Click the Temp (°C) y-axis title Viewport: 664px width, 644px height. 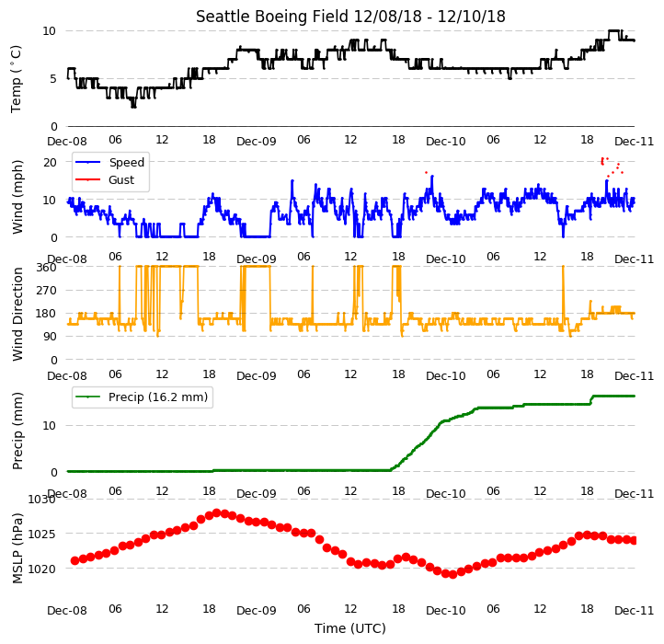coord(16,79)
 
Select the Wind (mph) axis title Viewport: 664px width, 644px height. coord(17,197)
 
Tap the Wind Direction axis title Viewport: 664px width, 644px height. coord(17,314)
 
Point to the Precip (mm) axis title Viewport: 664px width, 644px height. coord(17,431)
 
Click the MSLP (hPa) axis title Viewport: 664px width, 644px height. coord(17,548)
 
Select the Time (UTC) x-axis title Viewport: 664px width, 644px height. coord(350,627)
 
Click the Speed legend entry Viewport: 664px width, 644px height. coord(126,162)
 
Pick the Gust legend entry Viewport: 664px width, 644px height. coord(121,179)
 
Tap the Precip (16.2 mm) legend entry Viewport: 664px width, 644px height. coord(158,397)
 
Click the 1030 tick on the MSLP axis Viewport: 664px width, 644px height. coord(41,500)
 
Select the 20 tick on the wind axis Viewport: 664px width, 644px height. coord(50,162)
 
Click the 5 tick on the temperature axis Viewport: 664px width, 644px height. coord(53,79)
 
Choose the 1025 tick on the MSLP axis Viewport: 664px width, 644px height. coord(41,534)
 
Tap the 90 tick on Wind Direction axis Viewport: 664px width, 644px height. coord(50,337)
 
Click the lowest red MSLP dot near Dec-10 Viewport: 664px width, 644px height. coord(452,574)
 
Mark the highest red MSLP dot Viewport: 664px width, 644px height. coord(217,513)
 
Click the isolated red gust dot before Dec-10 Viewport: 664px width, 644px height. coord(427,172)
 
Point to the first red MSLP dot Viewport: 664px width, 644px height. coord(75,560)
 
